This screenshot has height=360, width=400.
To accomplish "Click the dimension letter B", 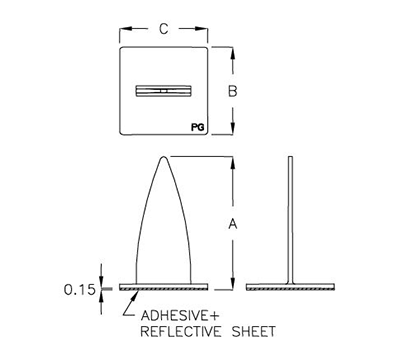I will click(x=232, y=92).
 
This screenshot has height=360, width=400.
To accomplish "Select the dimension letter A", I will click(x=232, y=224).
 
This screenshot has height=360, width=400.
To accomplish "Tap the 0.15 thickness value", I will click(x=81, y=289).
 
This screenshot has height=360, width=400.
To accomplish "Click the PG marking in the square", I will click(x=193, y=128).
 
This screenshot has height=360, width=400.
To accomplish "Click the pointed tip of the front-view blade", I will click(x=163, y=157).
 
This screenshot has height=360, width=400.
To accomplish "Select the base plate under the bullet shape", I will click(x=162, y=287).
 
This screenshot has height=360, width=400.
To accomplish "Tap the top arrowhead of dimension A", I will click(x=232, y=161).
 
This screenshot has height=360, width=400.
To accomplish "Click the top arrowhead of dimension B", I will click(x=232, y=49).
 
